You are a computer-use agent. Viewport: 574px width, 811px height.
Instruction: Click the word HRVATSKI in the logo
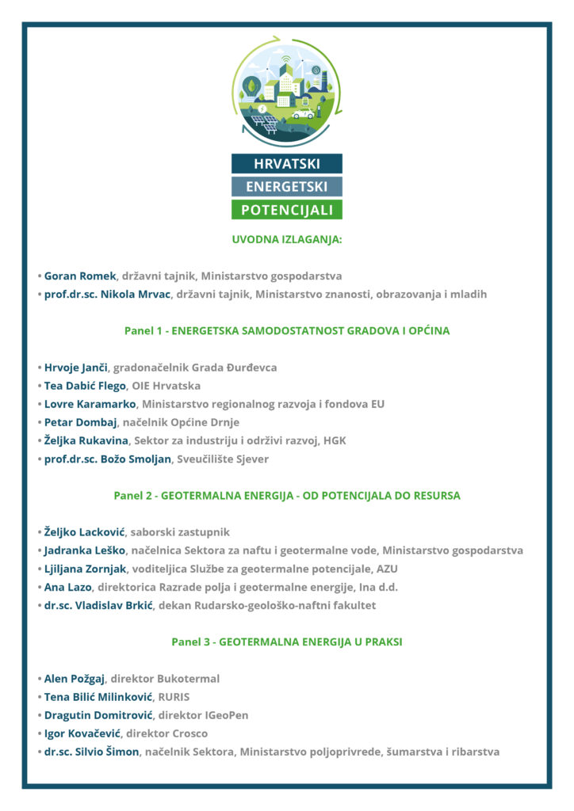click(286, 164)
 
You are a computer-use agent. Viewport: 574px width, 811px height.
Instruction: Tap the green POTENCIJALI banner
click(286, 210)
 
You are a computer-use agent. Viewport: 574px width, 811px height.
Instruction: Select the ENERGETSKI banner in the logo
click(286, 187)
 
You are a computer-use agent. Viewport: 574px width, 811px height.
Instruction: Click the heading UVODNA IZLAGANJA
click(286, 238)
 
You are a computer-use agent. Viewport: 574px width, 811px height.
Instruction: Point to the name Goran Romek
click(80, 276)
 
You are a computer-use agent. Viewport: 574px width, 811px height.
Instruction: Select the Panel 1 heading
click(286, 330)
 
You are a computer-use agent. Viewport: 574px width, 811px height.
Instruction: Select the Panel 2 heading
click(286, 496)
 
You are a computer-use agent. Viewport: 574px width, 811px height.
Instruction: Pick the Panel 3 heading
click(286, 642)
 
